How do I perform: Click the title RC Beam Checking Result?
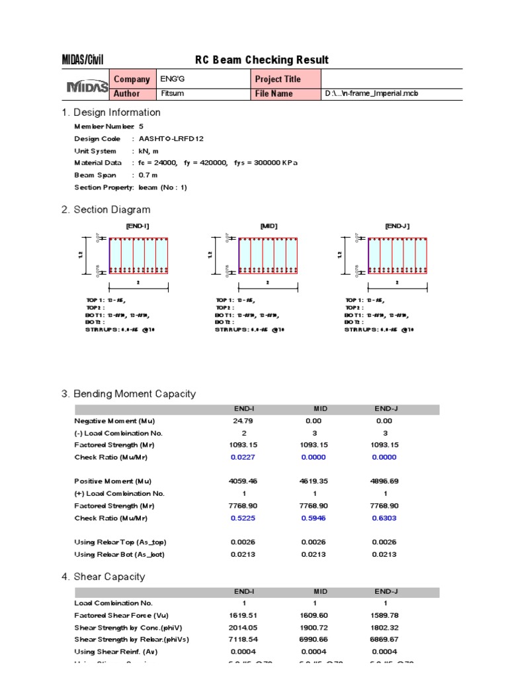tap(261, 60)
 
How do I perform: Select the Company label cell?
tap(132, 79)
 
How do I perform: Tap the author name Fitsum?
tap(172, 94)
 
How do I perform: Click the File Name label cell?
tap(274, 94)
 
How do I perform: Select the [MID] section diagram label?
tap(269, 226)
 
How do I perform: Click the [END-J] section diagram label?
tap(398, 226)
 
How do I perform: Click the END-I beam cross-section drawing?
tap(139, 256)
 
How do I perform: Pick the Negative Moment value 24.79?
tap(243, 421)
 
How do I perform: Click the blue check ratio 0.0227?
tap(243, 457)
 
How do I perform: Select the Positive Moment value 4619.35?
tap(314, 481)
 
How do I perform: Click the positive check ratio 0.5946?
tap(314, 518)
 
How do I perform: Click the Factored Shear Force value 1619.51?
tap(243, 616)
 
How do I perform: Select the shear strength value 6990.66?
tap(314, 640)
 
